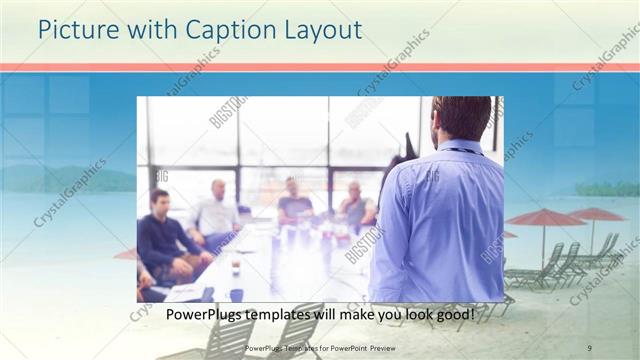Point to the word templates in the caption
(297, 315)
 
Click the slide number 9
(590, 347)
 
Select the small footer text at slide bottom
(320, 347)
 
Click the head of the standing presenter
(462, 118)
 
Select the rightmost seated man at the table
(355, 205)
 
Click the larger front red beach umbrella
(546, 218)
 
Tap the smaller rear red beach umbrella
(596, 214)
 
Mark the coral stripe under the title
(320, 67)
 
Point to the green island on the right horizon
(606, 188)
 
